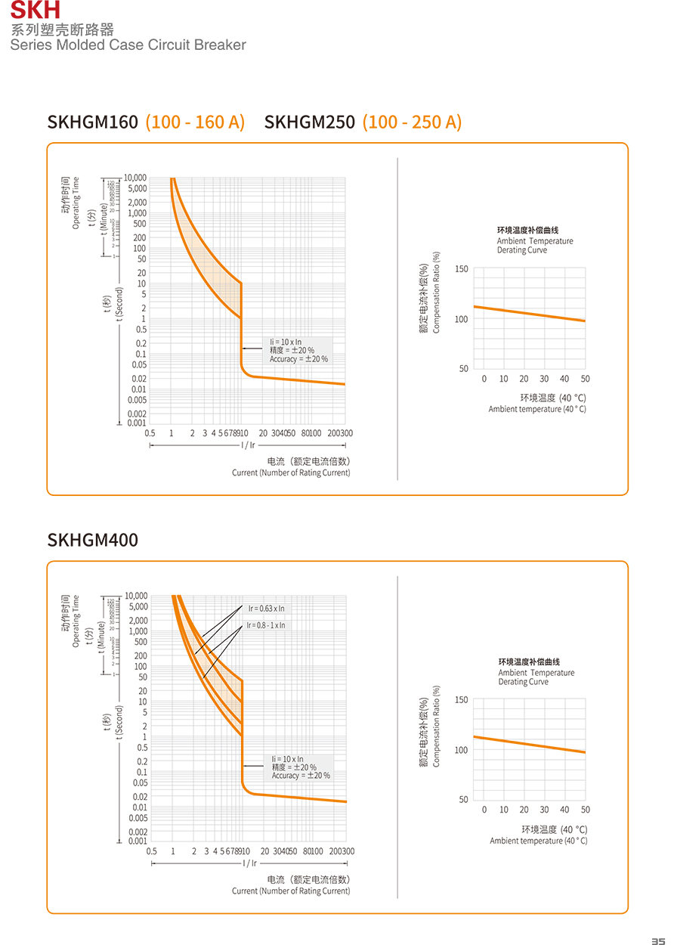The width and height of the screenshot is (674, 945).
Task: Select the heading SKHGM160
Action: (92, 122)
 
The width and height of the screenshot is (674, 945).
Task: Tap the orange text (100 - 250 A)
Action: (412, 122)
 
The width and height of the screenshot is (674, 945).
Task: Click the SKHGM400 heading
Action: (92, 541)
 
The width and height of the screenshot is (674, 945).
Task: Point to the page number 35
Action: (658, 940)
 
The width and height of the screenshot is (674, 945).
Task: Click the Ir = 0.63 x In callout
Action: (267, 609)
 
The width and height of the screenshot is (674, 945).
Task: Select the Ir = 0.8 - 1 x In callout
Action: (266, 625)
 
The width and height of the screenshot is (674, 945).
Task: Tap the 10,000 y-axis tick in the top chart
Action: (135, 178)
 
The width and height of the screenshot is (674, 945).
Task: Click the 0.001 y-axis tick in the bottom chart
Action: (137, 841)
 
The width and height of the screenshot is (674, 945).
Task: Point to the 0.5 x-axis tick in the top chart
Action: (150, 433)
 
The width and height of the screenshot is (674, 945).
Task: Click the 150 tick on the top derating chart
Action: (462, 269)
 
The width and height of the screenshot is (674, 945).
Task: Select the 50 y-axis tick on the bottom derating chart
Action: (462, 800)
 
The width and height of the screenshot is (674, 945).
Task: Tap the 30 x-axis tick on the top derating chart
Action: (544, 379)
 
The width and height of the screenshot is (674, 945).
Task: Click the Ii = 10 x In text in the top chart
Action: (286, 342)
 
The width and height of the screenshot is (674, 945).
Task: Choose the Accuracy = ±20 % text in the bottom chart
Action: (301, 776)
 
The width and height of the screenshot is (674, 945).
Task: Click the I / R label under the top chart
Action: (248, 445)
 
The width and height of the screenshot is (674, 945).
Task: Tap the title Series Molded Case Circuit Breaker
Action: (128, 45)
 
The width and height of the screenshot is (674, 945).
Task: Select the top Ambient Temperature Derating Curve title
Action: (534, 241)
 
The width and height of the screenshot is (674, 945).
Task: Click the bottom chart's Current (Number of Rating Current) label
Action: (291, 891)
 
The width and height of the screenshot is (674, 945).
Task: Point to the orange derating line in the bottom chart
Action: (529, 745)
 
